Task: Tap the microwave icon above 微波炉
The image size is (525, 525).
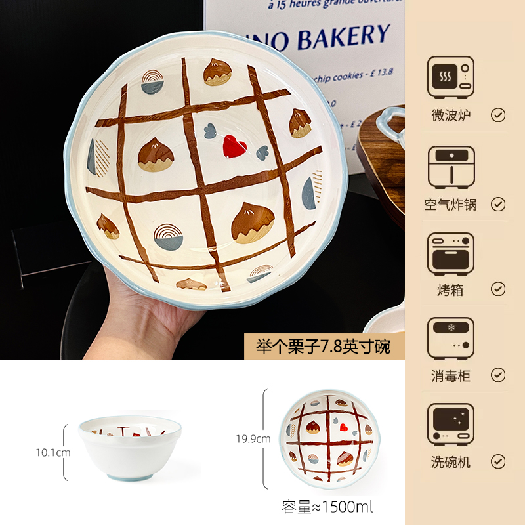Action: point(450,77)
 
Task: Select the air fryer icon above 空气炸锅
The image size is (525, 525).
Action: point(450,167)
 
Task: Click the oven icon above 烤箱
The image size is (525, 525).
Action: point(450,253)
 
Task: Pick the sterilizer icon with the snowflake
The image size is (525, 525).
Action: point(450,339)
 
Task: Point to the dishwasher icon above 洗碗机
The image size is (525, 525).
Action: point(450,425)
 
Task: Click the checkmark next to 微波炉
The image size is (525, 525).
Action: point(498,115)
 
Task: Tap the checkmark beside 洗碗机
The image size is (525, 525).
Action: point(498,461)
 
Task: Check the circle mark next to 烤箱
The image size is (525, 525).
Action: point(498,289)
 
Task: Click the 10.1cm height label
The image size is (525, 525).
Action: point(53,452)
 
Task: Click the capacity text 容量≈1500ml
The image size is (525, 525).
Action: point(327,506)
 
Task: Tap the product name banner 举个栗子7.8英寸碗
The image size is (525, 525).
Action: point(324,346)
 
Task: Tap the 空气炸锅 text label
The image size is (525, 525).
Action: point(450,204)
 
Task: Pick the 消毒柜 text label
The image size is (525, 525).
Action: point(450,375)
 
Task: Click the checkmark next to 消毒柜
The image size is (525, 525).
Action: point(498,375)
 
